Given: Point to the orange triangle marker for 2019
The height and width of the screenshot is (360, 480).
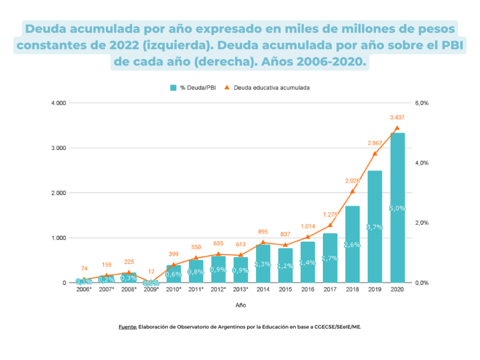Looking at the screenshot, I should point(375,153).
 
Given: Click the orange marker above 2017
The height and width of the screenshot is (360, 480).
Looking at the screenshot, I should point(330,225).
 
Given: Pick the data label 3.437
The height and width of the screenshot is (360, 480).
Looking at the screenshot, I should point(397,117).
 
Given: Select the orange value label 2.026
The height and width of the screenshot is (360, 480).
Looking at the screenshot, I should point(352,180).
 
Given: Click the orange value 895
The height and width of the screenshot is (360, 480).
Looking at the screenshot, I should point(263,231).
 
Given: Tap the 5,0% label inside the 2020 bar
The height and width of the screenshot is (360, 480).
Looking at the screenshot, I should point(397,208).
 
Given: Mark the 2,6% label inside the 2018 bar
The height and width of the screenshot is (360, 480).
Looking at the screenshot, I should point(352,245).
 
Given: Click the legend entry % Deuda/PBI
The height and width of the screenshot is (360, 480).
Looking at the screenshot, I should point(193,87).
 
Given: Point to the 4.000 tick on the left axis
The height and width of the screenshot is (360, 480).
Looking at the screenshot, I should point(58,103).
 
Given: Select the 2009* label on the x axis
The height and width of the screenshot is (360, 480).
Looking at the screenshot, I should point(150,289).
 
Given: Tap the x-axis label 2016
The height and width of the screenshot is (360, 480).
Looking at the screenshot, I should point(307,289).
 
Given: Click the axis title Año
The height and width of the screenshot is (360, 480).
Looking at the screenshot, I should point(240,304).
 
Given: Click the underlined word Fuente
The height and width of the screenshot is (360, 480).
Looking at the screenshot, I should point(127,326).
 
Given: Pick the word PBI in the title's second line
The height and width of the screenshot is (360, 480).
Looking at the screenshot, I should point(451,45).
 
